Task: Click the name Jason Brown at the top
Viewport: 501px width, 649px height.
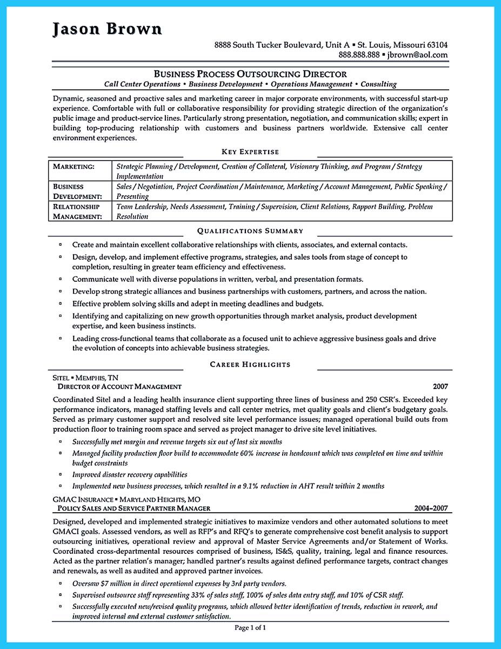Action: (x=107, y=29)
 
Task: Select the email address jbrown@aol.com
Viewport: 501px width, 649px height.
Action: (x=418, y=55)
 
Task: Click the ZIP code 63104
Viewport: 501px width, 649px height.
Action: (x=436, y=44)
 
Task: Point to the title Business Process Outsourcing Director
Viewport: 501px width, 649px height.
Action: (x=250, y=74)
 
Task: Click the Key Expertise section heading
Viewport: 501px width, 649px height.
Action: (x=250, y=152)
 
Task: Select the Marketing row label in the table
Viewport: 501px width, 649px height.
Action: (x=74, y=167)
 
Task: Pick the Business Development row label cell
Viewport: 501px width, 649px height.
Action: (x=77, y=191)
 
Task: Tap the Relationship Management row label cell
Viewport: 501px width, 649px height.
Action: (x=77, y=211)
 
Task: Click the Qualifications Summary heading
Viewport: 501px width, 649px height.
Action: (x=250, y=231)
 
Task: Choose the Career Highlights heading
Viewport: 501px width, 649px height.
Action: (x=250, y=365)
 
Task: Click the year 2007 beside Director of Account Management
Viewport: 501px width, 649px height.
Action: (x=440, y=387)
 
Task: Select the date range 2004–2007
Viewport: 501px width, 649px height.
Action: (x=430, y=508)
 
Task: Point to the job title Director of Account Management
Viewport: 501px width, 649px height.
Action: (x=119, y=387)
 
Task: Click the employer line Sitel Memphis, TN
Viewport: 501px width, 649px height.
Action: (x=86, y=378)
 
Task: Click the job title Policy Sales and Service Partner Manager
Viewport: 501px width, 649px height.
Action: (x=134, y=508)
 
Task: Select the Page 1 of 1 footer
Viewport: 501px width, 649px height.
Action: (x=250, y=627)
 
